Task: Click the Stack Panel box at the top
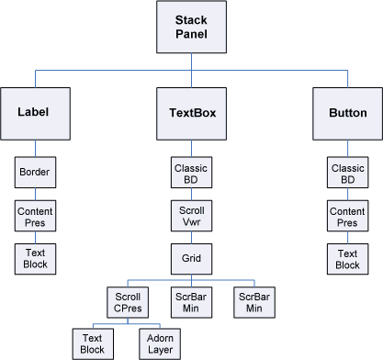click(191, 28)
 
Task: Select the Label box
click(35, 113)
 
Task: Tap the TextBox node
click(191, 113)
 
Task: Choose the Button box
click(347, 113)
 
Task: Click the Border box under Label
click(35, 171)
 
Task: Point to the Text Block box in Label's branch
click(35, 258)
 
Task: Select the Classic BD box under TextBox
click(191, 171)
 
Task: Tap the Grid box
click(191, 258)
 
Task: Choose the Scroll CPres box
click(128, 302)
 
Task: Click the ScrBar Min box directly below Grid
click(191, 302)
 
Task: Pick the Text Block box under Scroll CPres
click(91, 343)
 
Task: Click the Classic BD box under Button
click(347, 171)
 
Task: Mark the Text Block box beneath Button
click(347, 258)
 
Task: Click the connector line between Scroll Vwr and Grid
click(191, 237)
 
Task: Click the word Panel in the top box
click(191, 36)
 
